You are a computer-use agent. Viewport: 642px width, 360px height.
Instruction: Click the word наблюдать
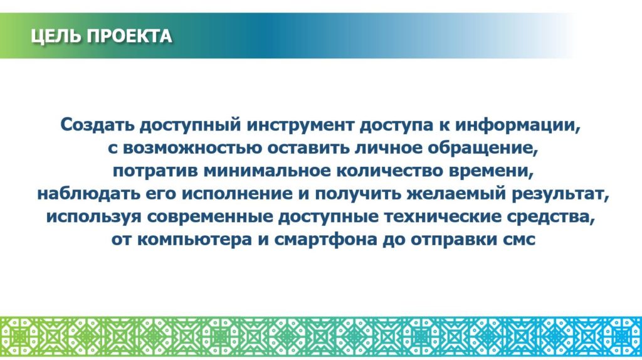(89, 194)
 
